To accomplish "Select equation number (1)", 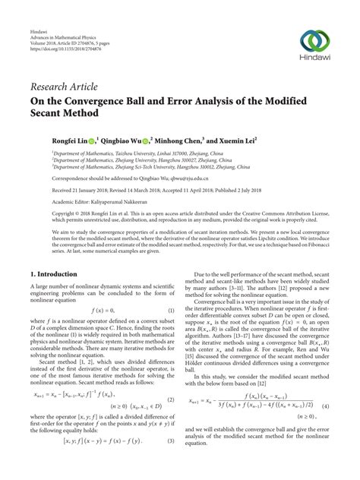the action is click(171, 309).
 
